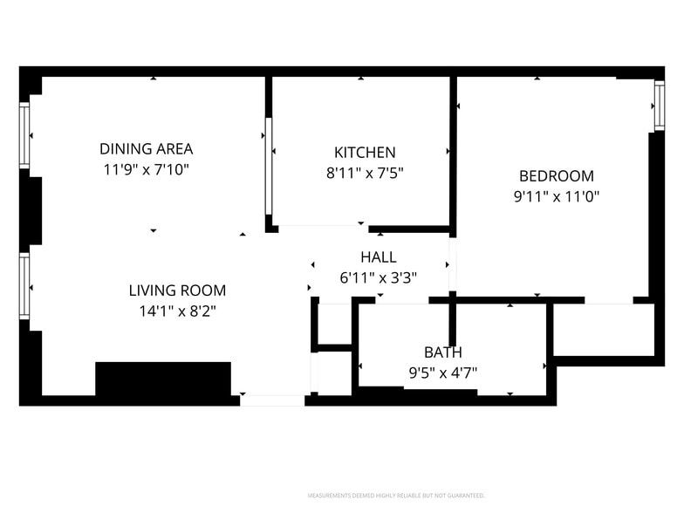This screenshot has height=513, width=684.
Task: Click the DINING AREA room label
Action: click(x=146, y=149)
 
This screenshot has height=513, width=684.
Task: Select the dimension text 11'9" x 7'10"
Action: click(x=146, y=169)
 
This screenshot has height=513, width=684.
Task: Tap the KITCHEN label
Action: click(x=365, y=153)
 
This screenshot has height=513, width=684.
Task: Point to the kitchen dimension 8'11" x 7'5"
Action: click(x=365, y=173)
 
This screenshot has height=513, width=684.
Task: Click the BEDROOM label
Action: click(x=556, y=176)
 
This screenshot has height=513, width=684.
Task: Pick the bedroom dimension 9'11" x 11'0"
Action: click(x=556, y=196)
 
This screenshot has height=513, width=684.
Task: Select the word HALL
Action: click(x=378, y=257)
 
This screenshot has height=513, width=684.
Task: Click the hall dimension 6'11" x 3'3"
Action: click(x=378, y=278)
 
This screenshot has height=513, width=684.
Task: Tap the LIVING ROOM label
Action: click(x=177, y=291)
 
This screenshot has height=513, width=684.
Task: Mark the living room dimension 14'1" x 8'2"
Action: click(x=177, y=311)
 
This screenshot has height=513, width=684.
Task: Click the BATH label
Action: click(x=442, y=352)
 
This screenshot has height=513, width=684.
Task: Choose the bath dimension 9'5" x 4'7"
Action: click(x=442, y=373)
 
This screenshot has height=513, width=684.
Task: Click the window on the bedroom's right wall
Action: click(x=659, y=105)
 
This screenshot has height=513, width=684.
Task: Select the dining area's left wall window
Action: click(x=25, y=135)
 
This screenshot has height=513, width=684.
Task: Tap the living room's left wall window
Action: click(x=25, y=286)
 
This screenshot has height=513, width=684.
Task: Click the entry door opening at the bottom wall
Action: click(x=272, y=400)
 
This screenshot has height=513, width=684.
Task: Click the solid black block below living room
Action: click(x=162, y=380)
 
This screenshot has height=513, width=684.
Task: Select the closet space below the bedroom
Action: click(x=603, y=329)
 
